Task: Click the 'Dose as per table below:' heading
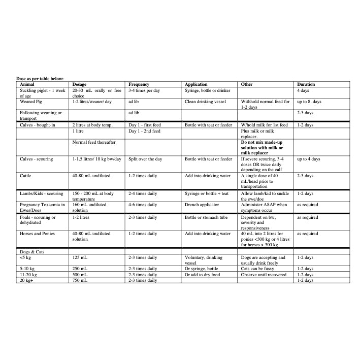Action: (40, 79)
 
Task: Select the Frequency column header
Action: (139, 84)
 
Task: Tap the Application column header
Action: (196, 84)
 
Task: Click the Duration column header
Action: (306, 84)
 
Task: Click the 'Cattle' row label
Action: (26, 176)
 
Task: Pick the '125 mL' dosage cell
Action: (81, 257)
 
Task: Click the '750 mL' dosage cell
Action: (81, 280)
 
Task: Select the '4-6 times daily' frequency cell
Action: (143, 205)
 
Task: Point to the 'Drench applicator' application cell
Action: (202, 205)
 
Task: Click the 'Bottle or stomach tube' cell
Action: (207, 217)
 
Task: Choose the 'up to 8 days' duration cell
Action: (309, 102)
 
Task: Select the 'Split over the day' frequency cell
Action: (145, 159)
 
